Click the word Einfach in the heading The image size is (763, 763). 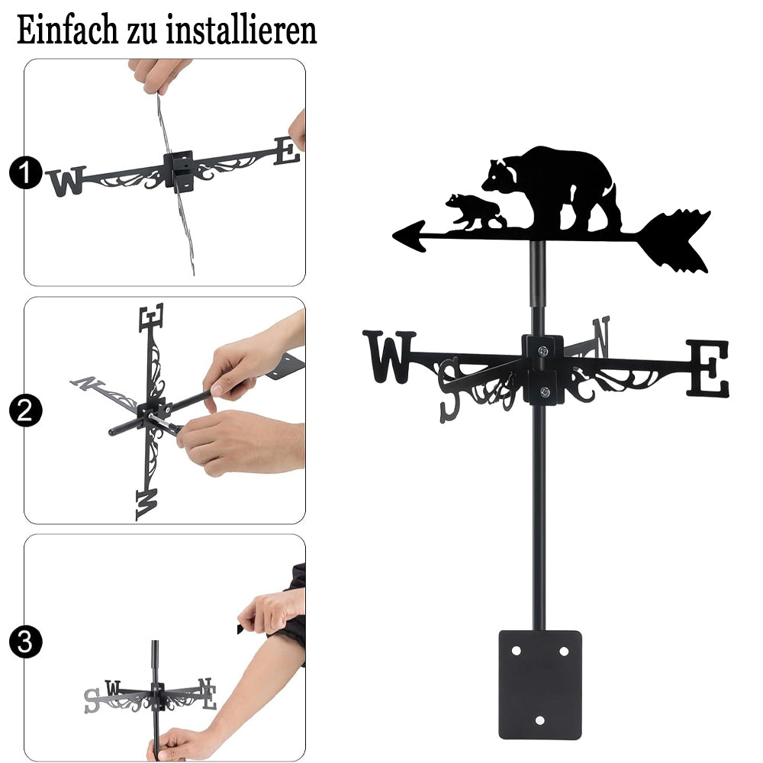tap(67, 31)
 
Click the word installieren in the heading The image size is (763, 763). tap(241, 31)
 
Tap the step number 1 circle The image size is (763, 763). tap(26, 172)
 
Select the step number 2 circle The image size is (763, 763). tap(26, 410)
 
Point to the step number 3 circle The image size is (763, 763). tap(26, 642)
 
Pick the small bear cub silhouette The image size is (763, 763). tap(475, 211)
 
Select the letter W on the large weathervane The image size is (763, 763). tap(389, 356)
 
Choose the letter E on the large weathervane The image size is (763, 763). tap(708, 368)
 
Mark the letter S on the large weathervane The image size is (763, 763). tap(449, 389)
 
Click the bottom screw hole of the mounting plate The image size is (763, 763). tap(539, 720)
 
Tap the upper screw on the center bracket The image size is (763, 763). tap(542, 350)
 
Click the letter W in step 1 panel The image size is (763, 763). tap(66, 181)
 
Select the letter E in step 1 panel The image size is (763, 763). tap(286, 151)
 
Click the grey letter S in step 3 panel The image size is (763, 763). tap(92, 700)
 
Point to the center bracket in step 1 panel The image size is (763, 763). tap(178, 170)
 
